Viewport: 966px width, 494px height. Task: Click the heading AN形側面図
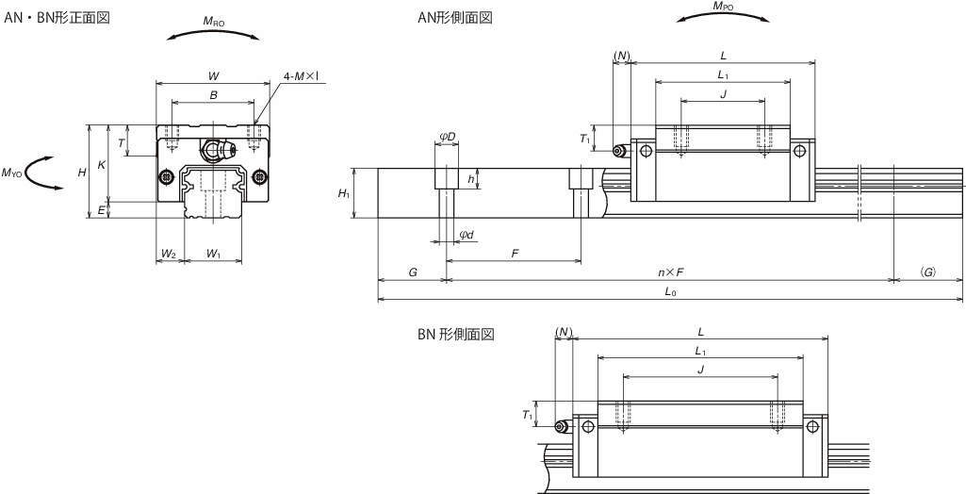point(456,18)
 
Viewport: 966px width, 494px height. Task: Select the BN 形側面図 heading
point(457,335)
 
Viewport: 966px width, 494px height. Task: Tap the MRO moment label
point(214,21)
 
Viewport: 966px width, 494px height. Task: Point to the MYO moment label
point(12,173)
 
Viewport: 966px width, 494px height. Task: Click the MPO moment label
point(724,7)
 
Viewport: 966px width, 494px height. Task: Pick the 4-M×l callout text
point(303,75)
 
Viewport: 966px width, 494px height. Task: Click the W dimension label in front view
point(213,74)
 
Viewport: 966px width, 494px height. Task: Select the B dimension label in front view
point(213,94)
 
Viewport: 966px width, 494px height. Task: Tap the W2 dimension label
point(168,254)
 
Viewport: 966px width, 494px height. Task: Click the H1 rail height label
point(344,193)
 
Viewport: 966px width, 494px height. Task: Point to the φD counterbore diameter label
point(447,138)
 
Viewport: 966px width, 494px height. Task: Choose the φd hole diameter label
point(467,235)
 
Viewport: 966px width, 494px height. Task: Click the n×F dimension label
point(670,272)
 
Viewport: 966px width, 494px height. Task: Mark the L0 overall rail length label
point(670,292)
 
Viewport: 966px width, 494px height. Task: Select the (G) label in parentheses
point(928,272)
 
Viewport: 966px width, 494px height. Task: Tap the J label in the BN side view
point(699,369)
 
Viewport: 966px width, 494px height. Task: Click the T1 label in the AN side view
point(584,140)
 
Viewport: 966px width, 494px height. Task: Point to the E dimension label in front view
point(100,211)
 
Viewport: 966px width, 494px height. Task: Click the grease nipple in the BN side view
point(561,427)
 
